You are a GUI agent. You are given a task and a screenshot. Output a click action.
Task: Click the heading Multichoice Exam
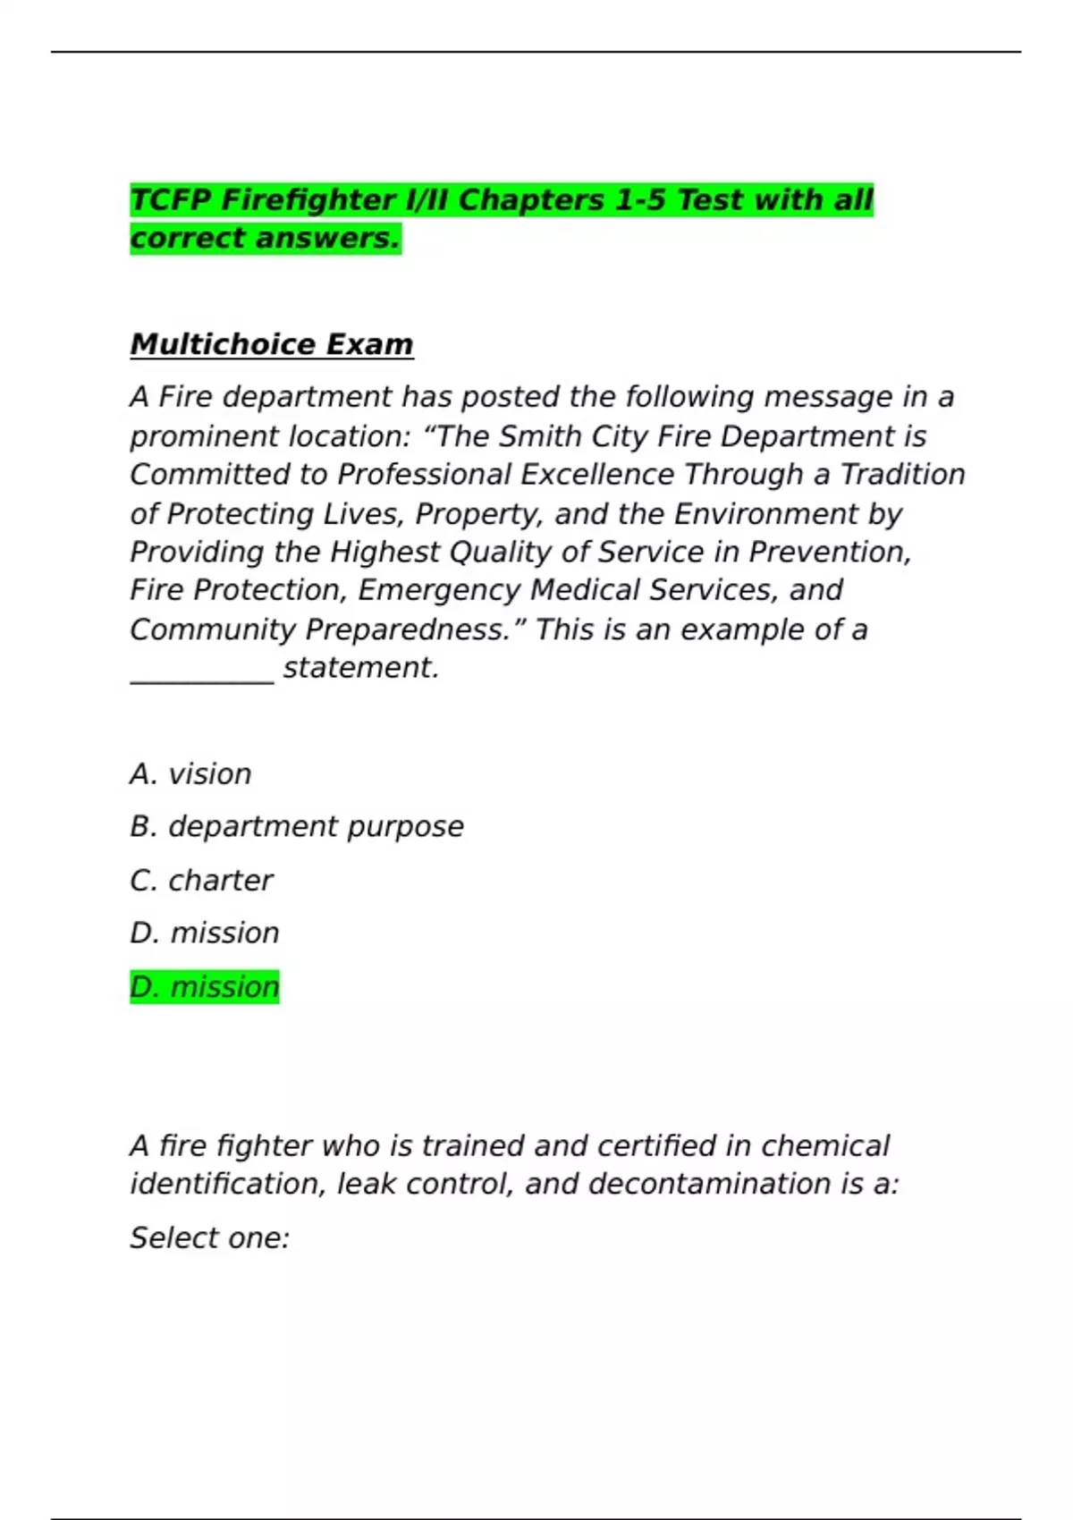(x=272, y=344)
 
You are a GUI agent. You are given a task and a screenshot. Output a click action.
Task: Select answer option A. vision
(x=190, y=774)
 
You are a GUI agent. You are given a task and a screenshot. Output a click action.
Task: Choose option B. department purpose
(x=297, y=827)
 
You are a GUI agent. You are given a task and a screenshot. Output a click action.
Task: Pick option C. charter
(x=201, y=881)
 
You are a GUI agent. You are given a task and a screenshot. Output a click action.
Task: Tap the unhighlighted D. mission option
(x=205, y=933)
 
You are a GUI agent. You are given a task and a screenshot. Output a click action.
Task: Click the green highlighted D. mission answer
(x=205, y=987)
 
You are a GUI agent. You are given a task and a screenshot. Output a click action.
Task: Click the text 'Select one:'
(x=210, y=1238)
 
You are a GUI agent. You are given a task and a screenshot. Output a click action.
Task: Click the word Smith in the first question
(x=536, y=436)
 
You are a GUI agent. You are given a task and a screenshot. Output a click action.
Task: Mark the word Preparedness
(x=408, y=630)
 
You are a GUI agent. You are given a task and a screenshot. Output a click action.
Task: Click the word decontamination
(x=710, y=1185)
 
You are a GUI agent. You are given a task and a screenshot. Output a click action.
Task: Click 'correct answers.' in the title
(x=266, y=239)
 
